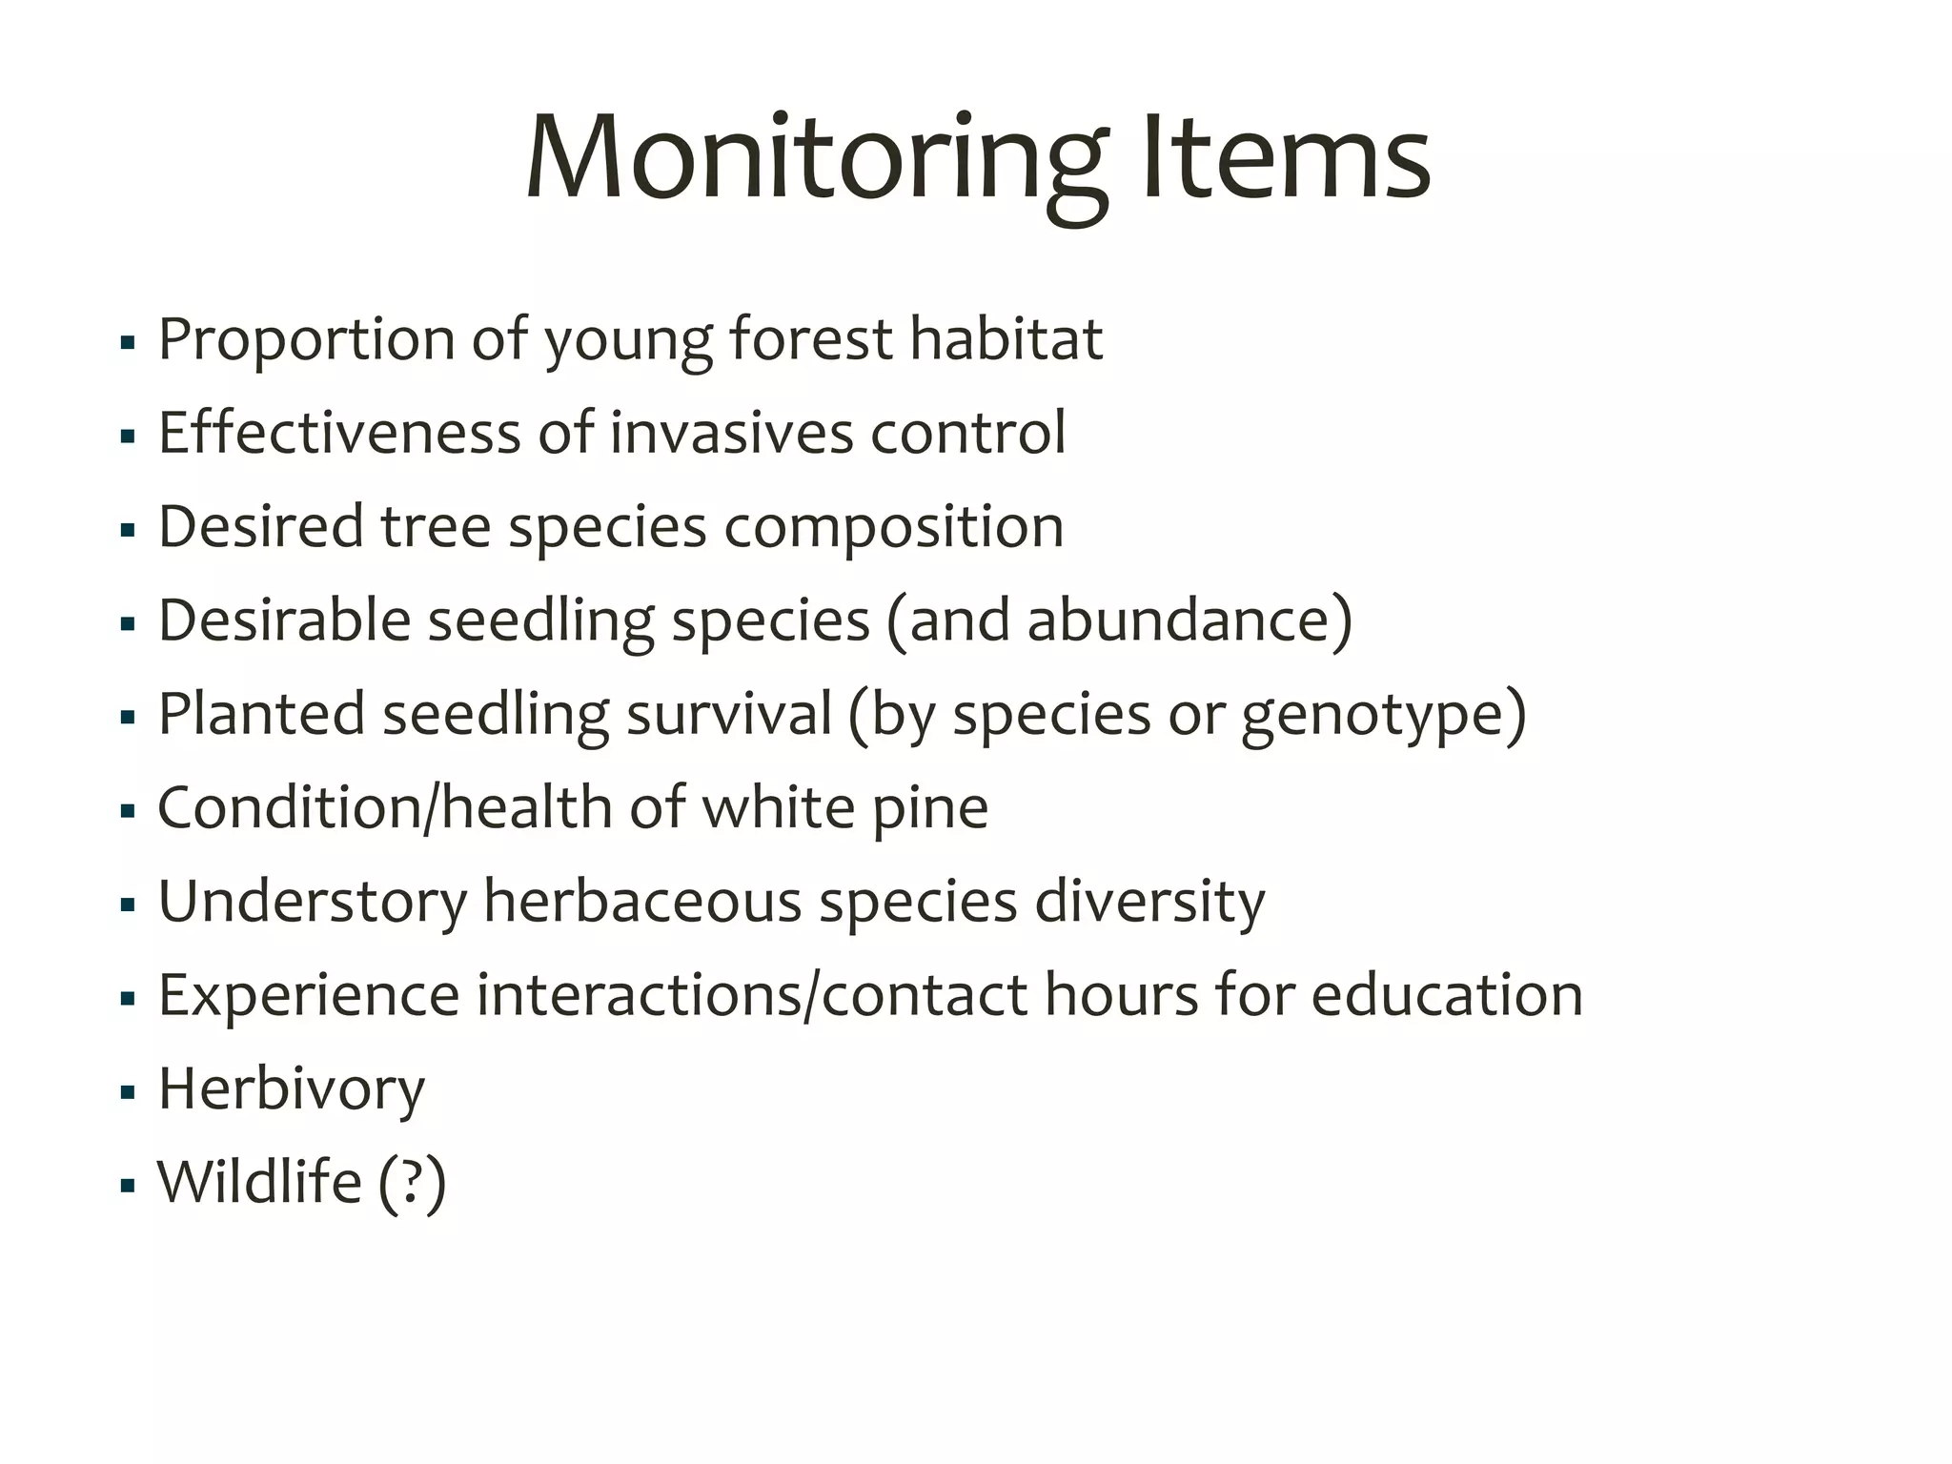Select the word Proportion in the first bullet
tap(306, 339)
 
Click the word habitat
tap(1006, 339)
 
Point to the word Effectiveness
tap(339, 433)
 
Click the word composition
tap(893, 526)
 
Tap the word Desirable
tap(284, 620)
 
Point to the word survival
tap(729, 714)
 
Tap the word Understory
tap(313, 901)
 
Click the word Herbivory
tap(291, 1088)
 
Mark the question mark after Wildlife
tap(412, 1182)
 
